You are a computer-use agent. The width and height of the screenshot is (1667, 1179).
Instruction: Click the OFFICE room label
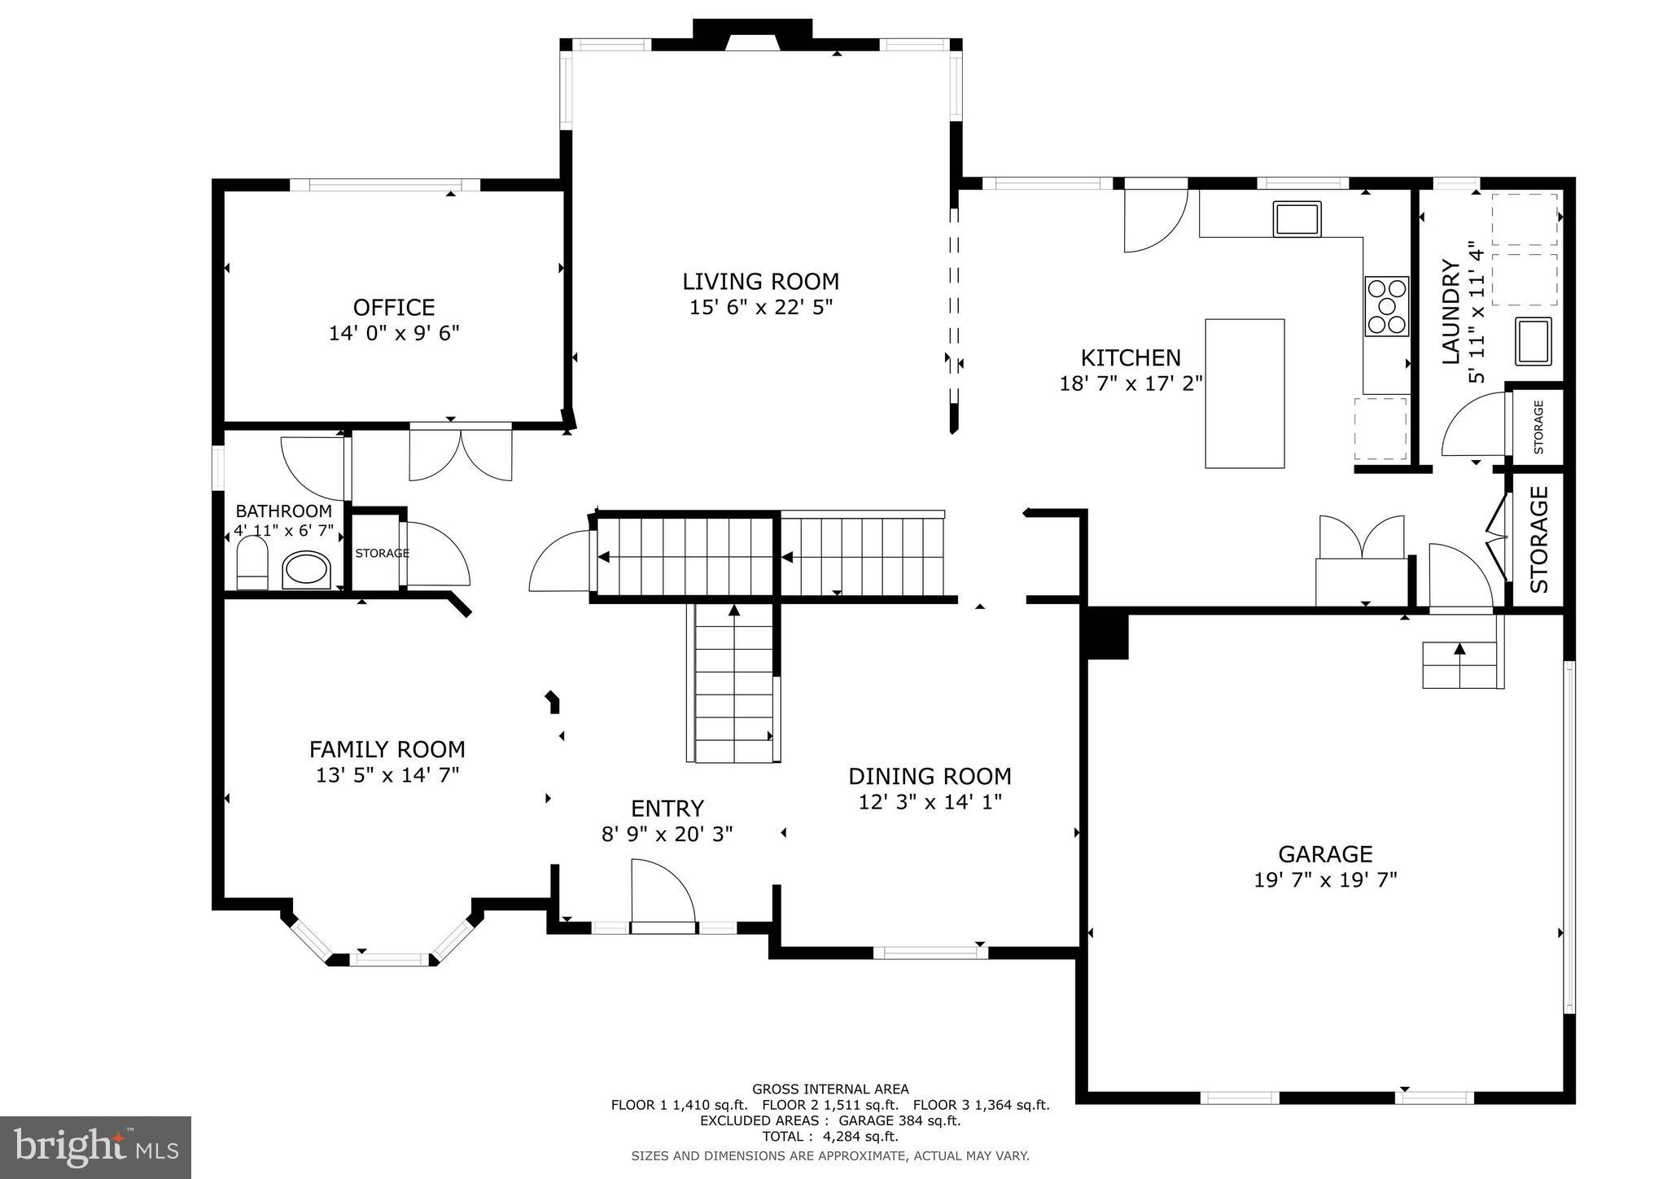coord(394,307)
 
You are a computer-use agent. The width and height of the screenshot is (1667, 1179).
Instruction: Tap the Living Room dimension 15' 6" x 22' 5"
coord(760,308)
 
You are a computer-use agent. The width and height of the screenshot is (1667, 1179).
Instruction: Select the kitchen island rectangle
coord(1244,393)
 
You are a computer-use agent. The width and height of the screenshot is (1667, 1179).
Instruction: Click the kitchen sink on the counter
coord(1297,219)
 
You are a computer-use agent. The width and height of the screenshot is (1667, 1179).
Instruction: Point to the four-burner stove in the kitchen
coord(1386,306)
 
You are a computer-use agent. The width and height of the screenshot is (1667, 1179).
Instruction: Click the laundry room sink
coord(1533,340)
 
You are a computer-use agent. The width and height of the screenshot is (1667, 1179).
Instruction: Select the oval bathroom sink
coord(307,570)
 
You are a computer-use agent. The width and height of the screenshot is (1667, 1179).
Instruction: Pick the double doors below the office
coord(461,453)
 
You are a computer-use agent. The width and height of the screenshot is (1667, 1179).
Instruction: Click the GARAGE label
coord(1325,854)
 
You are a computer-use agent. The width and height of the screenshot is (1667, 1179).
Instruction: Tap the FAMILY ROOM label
coord(387,749)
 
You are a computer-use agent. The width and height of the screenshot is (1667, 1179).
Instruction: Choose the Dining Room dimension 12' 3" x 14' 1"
coord(930,802)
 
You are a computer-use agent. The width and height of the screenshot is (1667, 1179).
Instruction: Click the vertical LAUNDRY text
coord(1450,311)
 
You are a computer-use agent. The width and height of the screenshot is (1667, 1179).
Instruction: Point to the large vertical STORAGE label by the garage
coord(1538,539)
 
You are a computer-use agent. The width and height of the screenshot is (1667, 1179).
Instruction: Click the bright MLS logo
coord(95,1147)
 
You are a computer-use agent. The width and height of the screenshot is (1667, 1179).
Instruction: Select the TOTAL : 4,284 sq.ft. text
coord(829,1137)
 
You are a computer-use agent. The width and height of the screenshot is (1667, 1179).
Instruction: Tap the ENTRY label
coord(667,809)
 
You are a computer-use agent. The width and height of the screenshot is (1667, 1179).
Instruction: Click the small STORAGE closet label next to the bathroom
coord(382,554)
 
